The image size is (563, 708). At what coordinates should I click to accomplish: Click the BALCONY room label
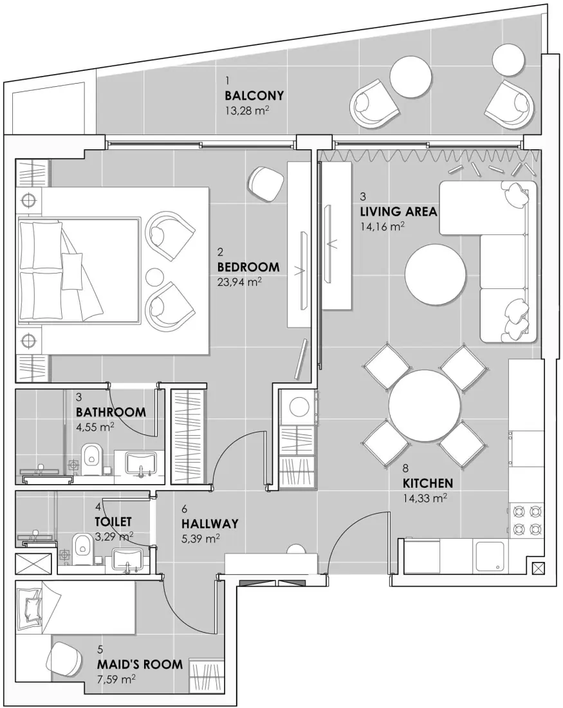point(254,95)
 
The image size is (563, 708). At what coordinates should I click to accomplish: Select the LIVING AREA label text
point(398,211)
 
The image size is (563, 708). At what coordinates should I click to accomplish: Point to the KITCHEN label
point(427,483)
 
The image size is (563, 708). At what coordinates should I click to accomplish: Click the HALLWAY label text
point(210,523)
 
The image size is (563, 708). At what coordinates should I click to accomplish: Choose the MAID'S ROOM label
point(139,664)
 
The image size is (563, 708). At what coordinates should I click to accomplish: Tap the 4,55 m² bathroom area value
point(95,425)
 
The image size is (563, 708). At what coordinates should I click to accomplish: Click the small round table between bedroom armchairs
point(155,277)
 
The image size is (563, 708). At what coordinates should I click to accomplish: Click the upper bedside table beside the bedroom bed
point(28,200)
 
